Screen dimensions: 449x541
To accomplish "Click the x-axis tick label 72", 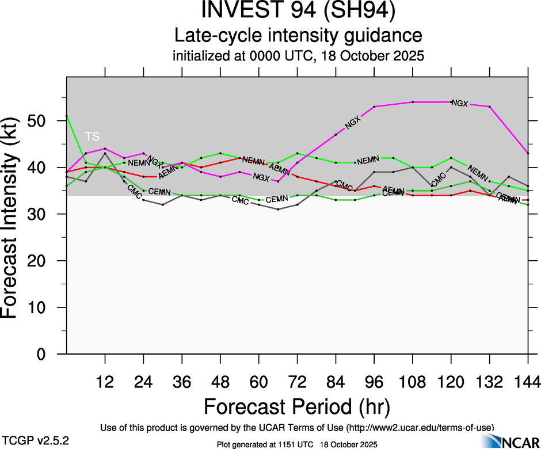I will point(297,381).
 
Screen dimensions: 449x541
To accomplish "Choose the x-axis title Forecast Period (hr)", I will point(297,406).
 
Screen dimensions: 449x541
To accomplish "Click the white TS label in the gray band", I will point(92,136).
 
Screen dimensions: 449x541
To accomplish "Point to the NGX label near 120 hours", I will point(460,104).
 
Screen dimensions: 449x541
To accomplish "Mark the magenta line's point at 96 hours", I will point(374,106).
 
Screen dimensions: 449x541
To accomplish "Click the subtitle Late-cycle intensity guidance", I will point(298,36).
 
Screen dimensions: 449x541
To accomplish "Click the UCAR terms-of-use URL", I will point(420,427).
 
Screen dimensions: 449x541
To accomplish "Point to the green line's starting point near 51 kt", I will point(67,116).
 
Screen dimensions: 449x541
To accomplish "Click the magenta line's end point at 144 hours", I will point(528,153).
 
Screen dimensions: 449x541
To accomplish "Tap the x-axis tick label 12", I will point(105,381).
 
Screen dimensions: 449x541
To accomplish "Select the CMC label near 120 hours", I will point(439,180).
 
